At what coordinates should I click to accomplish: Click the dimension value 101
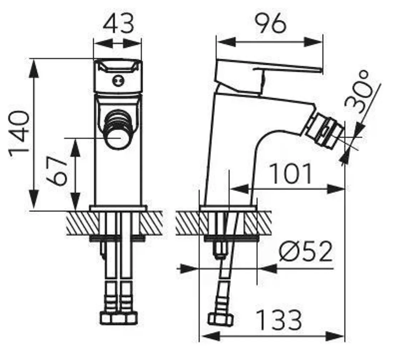(291, 174)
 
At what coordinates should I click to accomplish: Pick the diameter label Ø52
(306, 252)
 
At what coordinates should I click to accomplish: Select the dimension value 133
(279, 320)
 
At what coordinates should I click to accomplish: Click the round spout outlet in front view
(119, 138)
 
